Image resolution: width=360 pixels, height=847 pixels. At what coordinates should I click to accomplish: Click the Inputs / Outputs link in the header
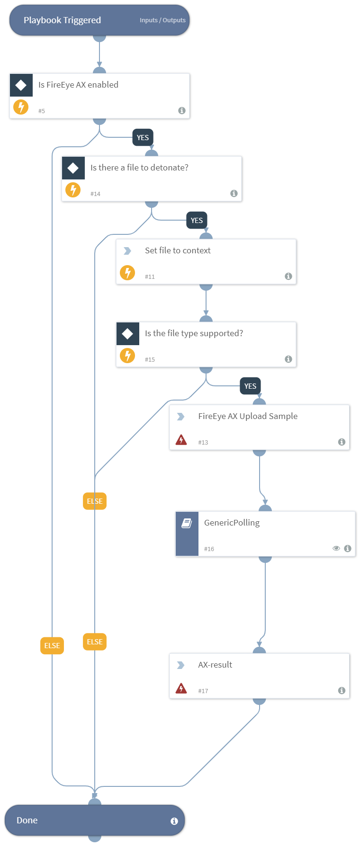point(162,20)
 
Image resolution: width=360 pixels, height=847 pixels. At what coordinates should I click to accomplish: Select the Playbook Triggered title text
point(62,20)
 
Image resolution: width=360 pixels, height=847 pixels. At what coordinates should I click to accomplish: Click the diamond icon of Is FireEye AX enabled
point(21,85)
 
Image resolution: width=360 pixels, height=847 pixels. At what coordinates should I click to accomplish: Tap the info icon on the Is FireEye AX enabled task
point(182,110)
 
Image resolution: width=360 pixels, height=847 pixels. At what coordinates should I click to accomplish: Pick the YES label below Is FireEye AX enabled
point(143,138)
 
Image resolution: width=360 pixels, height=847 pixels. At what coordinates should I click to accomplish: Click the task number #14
point(95,194)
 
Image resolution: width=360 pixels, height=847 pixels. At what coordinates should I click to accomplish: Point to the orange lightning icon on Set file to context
point(127,273)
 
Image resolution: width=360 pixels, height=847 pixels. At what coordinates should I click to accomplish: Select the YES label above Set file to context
point(197,221)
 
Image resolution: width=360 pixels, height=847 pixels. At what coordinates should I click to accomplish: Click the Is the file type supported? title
point(194,333)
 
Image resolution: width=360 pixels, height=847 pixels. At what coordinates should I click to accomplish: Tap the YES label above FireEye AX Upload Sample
point(250,386)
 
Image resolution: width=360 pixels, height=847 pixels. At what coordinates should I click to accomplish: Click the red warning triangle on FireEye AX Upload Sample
point(181,440)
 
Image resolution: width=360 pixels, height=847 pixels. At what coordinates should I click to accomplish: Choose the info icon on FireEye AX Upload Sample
point(342,442)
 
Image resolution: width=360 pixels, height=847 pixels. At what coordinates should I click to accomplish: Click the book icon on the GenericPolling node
point(187,523)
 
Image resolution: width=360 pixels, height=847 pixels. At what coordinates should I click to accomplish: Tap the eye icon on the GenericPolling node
point(336,548)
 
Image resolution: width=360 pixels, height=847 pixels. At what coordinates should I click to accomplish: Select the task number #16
point(209,549)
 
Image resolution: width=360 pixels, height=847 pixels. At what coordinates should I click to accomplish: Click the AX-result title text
point(215,665)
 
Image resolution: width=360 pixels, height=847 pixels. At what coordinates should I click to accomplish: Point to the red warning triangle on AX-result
point(181,688)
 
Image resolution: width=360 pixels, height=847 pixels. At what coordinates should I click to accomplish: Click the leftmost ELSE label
point(52,646)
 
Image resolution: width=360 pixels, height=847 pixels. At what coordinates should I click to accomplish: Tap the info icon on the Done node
point(174,821)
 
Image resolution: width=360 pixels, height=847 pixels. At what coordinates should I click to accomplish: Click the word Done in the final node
point(27,820)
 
